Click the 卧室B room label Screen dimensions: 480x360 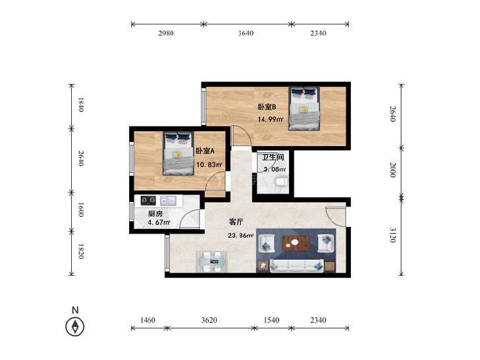pyautogui.click(x=267, y=107)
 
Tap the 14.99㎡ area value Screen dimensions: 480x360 pyautogui.click(x=271, y=119)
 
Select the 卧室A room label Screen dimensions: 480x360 pyautogui.click(x=205, y=151)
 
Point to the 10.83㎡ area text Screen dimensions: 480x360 pyautogui.click(x=209, y=165)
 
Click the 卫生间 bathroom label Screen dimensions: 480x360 pyautogui.click(x=273, y=157)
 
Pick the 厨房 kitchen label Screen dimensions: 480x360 pyautogui.click(x=155, y=213)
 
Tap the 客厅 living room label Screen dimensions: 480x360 pyautogui.click(x=236, y=222)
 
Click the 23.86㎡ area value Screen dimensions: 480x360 pyautogui.click(x=241, y=236)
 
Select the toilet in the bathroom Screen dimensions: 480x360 pyautogui.click(x=281, y=182)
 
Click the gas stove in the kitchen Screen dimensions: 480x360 pyautogui.click(x=148, y=201)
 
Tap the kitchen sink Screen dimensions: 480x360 pyautogui.click(x=168, y=201)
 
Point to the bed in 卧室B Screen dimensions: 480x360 pyautogui.click(x=304, y=109)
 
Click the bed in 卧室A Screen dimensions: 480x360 pyautogui.click(x=178, y=153)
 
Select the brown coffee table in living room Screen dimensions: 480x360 pyautogui.click(x=296, y=243)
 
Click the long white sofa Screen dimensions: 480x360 pyautogui.click(x=296, y=265)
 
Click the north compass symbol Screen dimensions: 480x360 pyautogui.click(x=75, y=326)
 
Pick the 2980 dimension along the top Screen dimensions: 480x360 pyautogui.click(x=166, y=33)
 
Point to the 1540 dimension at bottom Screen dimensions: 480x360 pyautogui.click(x=271, y=320)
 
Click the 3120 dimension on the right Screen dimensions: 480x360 pyautogui.click(x=393, y=235)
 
